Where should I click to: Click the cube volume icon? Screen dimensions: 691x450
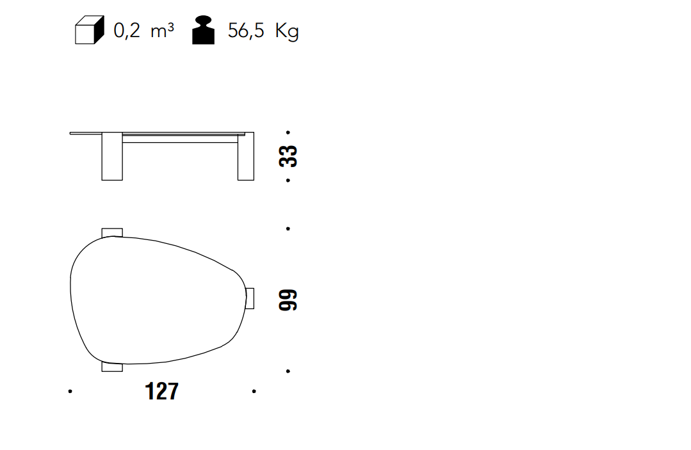[90, 30]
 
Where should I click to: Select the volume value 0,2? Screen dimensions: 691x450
[127, 31]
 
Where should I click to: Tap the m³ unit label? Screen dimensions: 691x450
[162, 31]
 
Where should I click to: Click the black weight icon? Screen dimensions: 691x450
[203, 30]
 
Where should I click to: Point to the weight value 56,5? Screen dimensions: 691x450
[246, 31]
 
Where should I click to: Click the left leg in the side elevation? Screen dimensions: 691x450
[112, 156]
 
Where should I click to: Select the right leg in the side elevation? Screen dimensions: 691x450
[246, 156]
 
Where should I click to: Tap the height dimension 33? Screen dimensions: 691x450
[288, 156]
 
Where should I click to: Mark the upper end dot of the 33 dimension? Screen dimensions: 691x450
[288, 132]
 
